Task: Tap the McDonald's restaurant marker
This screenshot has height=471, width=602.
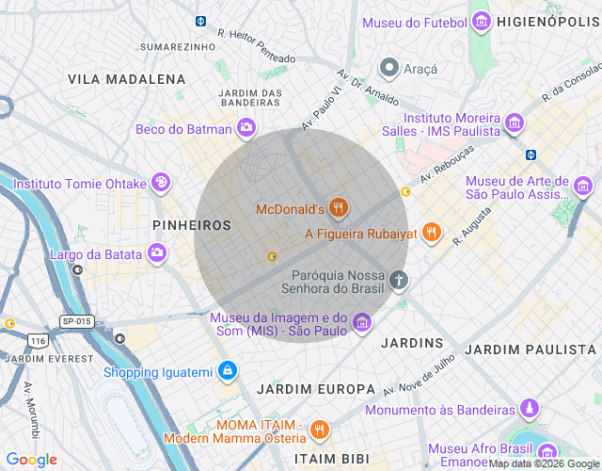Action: tap(340, 208)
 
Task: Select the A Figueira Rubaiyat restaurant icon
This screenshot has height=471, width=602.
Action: tap(431, 233)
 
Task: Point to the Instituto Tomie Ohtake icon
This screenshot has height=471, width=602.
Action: tap(161, 183)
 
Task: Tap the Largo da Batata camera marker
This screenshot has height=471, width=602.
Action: tap(156, 252)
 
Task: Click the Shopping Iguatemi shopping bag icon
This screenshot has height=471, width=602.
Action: tap(226, 372)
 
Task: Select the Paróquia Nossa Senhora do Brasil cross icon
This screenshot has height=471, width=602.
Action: tap(399, 280)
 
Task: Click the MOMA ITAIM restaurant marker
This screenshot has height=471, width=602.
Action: tap(319, 430)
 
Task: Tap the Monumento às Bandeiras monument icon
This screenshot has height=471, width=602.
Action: tap(530, 410)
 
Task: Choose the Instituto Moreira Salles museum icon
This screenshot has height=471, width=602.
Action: tap(514, 122)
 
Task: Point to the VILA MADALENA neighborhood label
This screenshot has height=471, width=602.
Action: tap(127, 79)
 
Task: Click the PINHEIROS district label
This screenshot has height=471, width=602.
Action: tap(192, 225)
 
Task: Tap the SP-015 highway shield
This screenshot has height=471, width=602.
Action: tap(75, 321)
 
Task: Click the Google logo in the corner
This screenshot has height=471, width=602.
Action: tap(31, 459)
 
